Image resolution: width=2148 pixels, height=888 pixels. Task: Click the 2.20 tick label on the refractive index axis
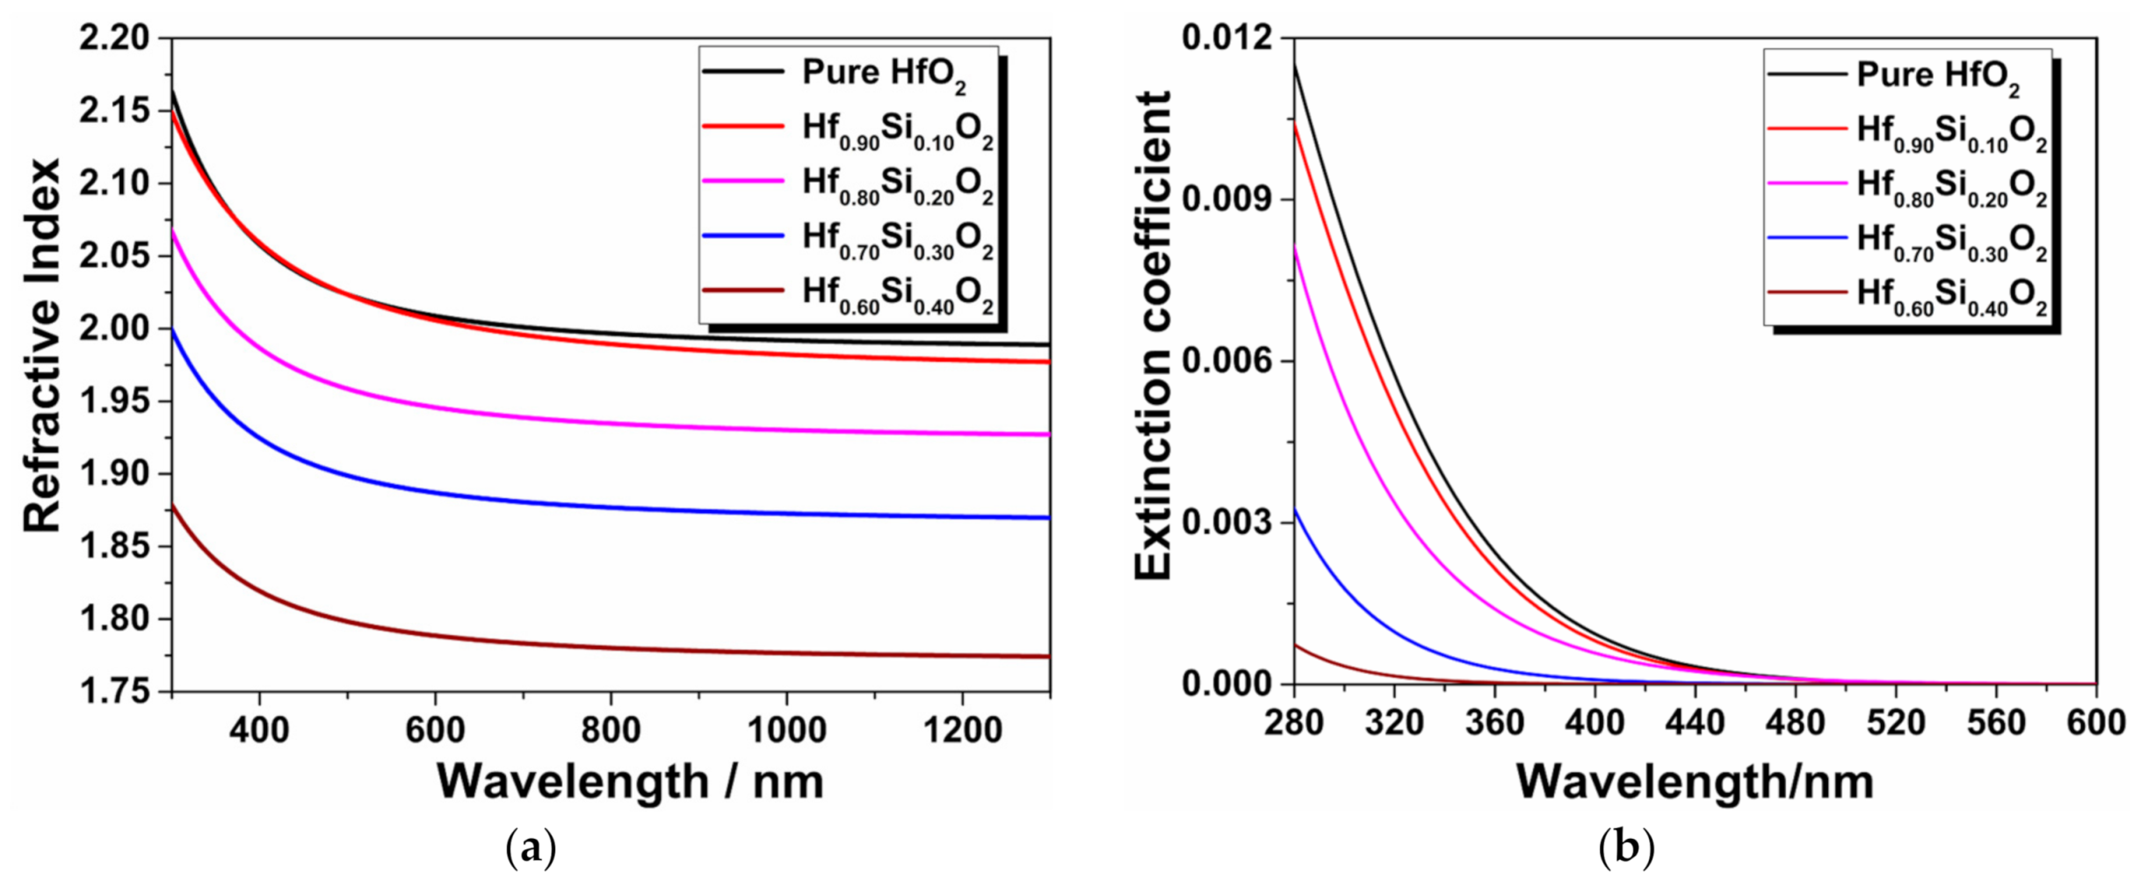(x=114, y=39)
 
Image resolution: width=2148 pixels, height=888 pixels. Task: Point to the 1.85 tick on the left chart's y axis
(x=114, y=547)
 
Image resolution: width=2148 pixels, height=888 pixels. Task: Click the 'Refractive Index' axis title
(x=42, y=345)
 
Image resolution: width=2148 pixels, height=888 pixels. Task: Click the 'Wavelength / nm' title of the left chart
(x=630, y=781)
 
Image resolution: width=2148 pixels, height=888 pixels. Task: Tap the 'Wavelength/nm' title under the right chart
(x=1695, y=781)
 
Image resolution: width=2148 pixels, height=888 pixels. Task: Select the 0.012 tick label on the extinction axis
(x=1227, y=39)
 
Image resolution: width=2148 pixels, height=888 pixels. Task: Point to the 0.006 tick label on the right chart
(x=1227, y=361)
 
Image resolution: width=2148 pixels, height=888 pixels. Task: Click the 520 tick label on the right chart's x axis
(x=1896, y=723)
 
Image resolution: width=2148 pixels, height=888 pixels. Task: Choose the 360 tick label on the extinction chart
(x=1494, y=723)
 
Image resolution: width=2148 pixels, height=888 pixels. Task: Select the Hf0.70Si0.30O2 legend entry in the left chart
(x=896, y=239)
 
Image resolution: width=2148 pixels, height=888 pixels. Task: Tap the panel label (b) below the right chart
(x=1626, y=848)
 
